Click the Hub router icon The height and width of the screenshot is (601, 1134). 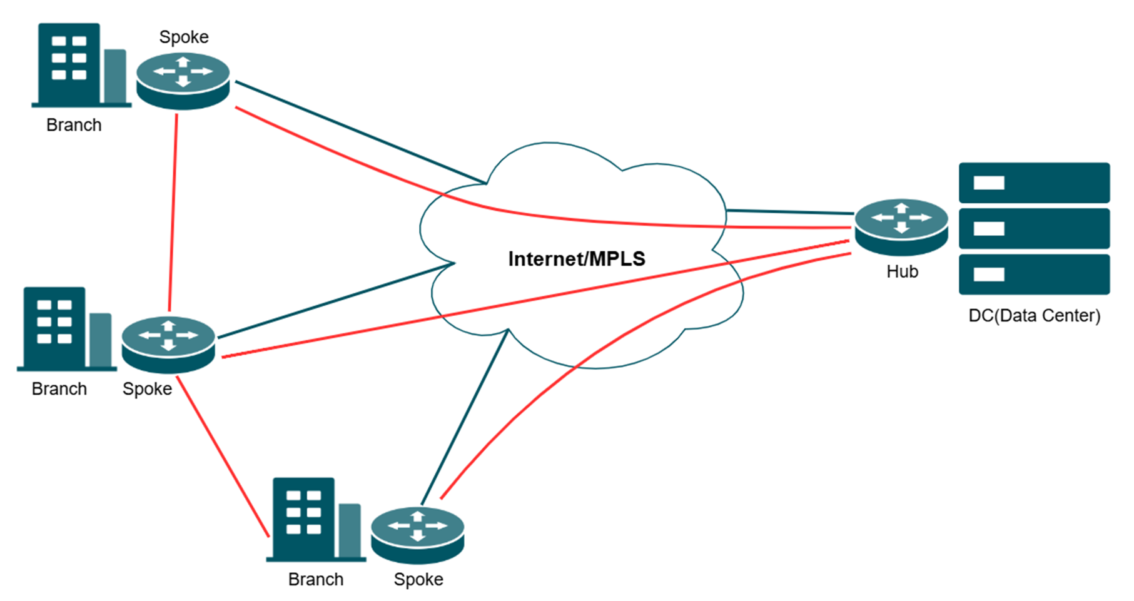click(x=901, y=226)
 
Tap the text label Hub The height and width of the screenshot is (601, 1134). click(x=902, y=271)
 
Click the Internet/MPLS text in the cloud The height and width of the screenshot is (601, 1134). click(x=576, y=259)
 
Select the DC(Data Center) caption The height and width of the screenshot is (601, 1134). click(x=1034, y=316)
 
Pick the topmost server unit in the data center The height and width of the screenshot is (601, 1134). click(x=1034, y=183)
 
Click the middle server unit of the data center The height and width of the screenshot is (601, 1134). click(x=1034, y=228)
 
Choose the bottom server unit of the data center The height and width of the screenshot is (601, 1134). click(x=1034, y=274)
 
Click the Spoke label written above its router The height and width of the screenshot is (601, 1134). click(x=184, y=37)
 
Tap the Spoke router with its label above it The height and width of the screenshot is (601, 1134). click(x=183, y=81)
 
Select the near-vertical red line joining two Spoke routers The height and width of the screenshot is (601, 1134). click(x=173, y=213)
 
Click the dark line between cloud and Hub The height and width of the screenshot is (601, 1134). click(x=789, y=212)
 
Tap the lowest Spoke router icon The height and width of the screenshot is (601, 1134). click(x=417, y=535)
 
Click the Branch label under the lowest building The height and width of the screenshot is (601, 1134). click(x=315, y=580)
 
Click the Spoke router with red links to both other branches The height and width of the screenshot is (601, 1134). click(x=168, y=345)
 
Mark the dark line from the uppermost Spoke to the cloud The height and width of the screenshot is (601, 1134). click(x=360, y=132)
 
